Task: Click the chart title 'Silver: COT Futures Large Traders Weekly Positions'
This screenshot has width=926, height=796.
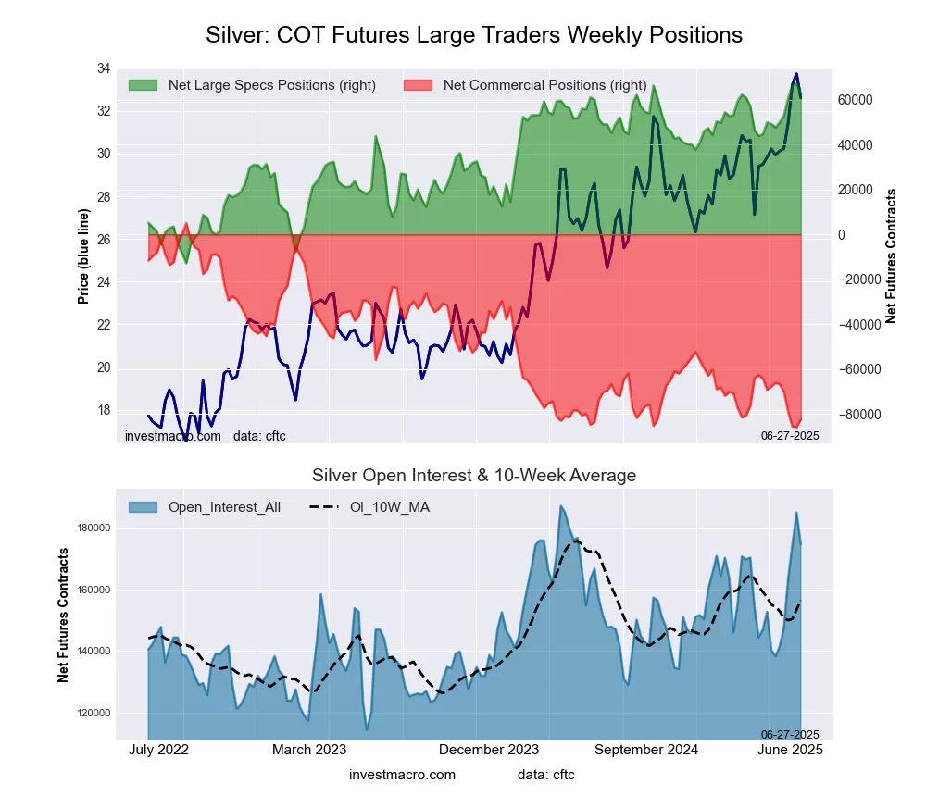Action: click(x=473, y=35)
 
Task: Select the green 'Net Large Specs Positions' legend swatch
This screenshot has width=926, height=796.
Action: click(x=143, y=85)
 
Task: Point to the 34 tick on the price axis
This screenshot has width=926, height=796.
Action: click(x=103, y=69)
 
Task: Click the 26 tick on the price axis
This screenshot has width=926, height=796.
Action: click(x=103, y=240)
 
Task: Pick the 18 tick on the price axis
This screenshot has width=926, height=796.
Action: click(x=103, y=410)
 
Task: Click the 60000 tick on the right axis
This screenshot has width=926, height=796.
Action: click(x=857, y=100)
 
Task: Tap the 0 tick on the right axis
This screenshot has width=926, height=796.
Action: click(x=843, y=235)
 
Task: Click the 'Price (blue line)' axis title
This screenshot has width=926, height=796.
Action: click(x=83, y=256)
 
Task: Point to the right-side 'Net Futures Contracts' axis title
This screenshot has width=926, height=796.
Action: click(x=891, y=256)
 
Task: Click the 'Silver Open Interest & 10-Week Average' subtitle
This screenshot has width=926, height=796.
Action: click(x=473, y=476)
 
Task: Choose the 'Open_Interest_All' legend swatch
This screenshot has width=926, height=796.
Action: click(x=143, y=507)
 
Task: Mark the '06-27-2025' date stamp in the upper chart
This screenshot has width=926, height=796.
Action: click(x=790, y=435)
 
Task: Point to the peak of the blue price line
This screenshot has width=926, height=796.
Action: click(x=795, y=74)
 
